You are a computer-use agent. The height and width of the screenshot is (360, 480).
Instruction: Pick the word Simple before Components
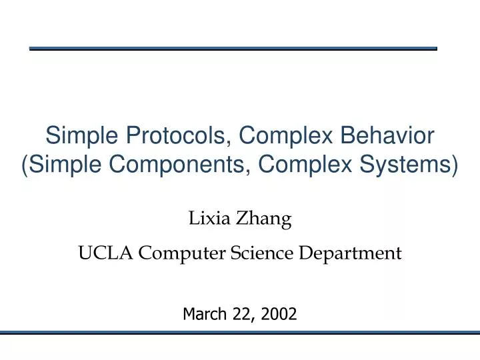pos(67,165)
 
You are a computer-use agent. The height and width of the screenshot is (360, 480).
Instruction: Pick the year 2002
pos(280,313)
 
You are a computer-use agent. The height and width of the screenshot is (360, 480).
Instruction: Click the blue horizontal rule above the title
pos(233,49)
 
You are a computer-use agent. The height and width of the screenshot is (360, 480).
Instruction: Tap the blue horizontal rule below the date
pos(240,332)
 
